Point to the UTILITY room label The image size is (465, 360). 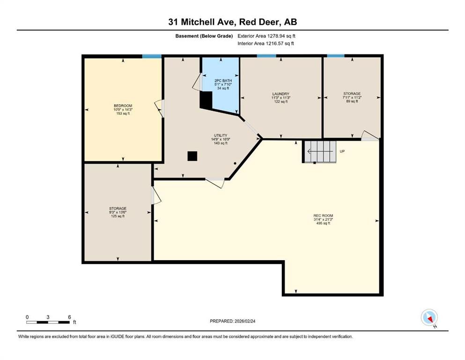tap(220, 135)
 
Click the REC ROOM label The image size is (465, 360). tap(323, 216)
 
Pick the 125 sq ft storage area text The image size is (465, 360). tap(118, 216)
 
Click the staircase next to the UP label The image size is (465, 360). tap(319, 151)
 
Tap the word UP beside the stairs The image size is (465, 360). tap(342, 151)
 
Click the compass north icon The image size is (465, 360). tap(429, 317)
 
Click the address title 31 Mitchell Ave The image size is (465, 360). tap(232, 22)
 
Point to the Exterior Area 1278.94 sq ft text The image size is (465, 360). tap(266, 36)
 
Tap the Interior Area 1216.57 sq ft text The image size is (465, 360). tap(266, 44)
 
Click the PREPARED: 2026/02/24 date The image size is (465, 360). tap(232, 321)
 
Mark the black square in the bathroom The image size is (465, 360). tap(206, 99)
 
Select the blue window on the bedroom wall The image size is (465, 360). tap(152, 56)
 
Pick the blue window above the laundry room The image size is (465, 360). tap(266, 56)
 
